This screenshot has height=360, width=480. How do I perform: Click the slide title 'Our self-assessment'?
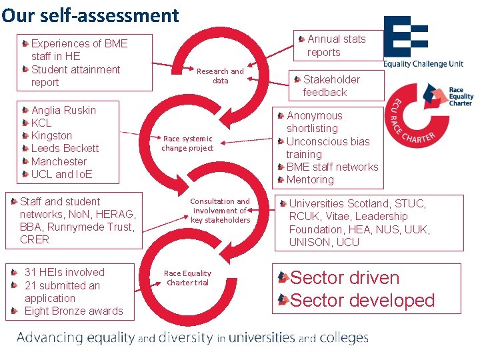[90, 15]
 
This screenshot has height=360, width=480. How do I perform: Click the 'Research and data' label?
[220, 76]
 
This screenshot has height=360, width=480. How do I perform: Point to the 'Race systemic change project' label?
[187, 143]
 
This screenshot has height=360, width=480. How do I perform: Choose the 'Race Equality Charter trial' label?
[187, 278]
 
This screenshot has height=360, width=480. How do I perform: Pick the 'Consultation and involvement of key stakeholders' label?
[220, 211]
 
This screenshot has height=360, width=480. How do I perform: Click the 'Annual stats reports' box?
[336, 45]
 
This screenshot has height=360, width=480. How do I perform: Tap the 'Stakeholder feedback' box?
[331, 86]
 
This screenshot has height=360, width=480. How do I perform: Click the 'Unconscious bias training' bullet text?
[327, 147]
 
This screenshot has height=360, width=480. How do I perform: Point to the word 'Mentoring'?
[310, 180]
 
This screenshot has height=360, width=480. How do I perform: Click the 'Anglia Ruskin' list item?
[63, 110]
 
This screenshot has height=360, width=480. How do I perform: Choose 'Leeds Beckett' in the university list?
[65, 149]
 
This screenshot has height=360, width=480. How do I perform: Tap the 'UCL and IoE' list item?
[61, 174]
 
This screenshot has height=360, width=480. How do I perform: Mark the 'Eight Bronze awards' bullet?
[73, 311]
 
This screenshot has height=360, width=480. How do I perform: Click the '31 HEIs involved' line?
[64, 272]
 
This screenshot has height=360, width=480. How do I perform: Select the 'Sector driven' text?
[345, 278]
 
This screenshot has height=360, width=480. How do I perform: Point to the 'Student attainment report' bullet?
[75, 76]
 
